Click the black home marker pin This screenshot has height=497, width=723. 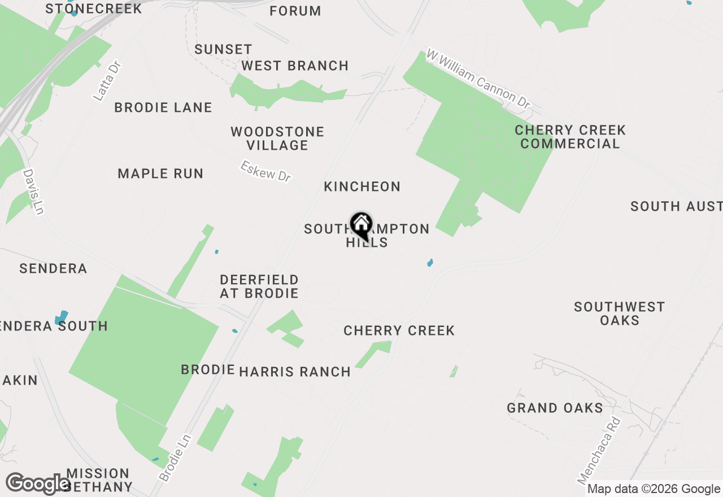click(x=361, y=225)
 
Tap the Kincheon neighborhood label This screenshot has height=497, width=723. click(x=362, y=186)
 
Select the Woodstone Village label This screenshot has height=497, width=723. click(x=277, y=138)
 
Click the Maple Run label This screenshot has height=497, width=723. click(x=160, y=173)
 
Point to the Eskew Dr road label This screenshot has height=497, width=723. click(x=265, y=171)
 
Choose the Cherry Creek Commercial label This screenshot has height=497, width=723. click(x=570, y=137)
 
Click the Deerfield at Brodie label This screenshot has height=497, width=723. click(x=259, y=286)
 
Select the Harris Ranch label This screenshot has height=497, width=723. click(x=295, y=372)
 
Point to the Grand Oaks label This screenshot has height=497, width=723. click(x=555, y=408)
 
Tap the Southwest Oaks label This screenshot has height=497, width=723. click(x=619, y=313)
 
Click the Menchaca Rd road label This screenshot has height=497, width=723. click(x=599, y=451)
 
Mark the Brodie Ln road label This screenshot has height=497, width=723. click(x=176, y=457)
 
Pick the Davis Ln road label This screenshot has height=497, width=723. click(x=33, y=192)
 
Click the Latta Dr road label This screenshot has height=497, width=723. click(x=107, y=81)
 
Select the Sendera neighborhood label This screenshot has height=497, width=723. click(x=53, y=268)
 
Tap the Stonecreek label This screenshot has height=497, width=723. click(x=94, y=8)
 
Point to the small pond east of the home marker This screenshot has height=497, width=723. click(x=430, y=263)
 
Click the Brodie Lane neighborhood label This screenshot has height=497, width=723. click(x=163, y=107)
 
